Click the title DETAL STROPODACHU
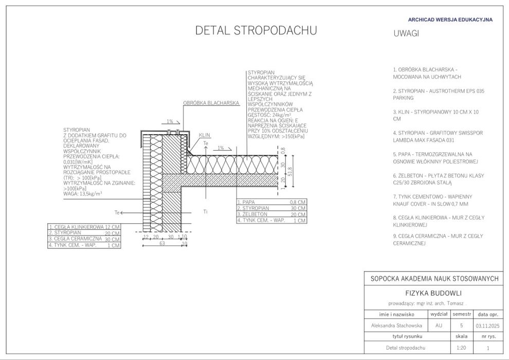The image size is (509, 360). [x=256, y=31]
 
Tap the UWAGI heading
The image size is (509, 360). [x=406, y=33]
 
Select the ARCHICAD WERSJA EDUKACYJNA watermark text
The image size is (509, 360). [x=450, y=20]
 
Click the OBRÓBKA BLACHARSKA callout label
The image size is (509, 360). [x=211, y=103]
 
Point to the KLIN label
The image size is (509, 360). [x=205, y=135]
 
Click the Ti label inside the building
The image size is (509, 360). [x=205, y=211]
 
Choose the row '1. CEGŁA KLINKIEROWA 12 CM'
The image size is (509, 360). [x=84, y=227]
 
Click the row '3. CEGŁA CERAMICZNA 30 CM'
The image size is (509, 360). [x=84, y=239]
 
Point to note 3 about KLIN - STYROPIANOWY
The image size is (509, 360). [x=436, y=115]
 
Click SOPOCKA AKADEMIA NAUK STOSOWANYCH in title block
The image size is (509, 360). [x=434, y=278]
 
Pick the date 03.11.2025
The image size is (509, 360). [x=487, y=326]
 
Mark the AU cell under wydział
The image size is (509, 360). [x=438, y=326]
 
